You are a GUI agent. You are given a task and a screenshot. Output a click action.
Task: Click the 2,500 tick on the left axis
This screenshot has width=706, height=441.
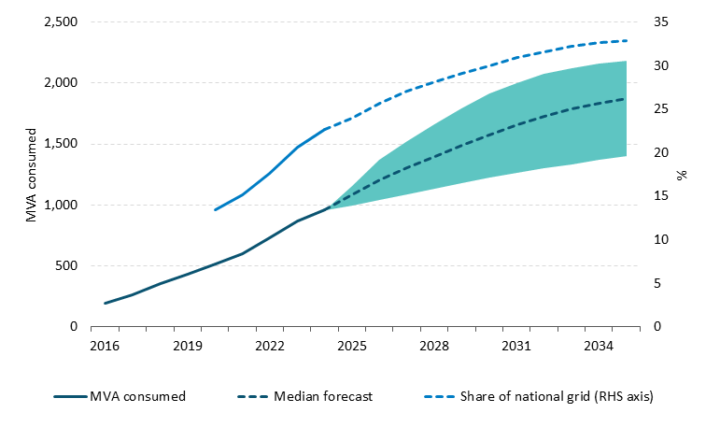coord(61,21)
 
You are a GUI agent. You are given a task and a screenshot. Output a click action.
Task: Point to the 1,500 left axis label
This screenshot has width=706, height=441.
coord(61,144)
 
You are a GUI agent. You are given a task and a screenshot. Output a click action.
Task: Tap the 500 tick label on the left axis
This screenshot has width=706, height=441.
coord(67,265)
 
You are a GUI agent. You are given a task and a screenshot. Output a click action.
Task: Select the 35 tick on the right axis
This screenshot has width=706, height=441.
coord(661,21)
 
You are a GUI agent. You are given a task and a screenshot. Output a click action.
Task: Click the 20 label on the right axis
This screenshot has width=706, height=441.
coord(661,152)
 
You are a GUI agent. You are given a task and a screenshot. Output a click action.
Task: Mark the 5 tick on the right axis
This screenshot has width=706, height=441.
coord(657,283)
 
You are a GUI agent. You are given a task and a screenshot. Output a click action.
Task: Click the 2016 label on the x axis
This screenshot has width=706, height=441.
coord(105,346)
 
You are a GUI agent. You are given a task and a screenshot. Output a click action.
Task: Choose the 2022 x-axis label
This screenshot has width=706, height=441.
coord(270,346)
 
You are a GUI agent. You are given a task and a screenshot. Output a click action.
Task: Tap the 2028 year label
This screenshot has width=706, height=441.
coord(434,346)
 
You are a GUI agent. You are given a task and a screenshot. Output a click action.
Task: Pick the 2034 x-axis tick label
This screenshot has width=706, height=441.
coord(599,346)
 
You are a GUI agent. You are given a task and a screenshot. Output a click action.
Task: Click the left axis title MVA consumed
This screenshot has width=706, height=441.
coord(31,175)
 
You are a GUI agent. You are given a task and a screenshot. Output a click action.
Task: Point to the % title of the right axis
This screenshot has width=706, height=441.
coord(682,175)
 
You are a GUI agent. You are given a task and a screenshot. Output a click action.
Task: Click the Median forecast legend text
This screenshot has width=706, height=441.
coord(323,396)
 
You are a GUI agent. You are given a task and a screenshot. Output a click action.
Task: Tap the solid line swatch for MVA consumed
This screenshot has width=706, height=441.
coord(70,396)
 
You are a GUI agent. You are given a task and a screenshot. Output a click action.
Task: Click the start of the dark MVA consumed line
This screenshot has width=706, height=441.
coord(105,303)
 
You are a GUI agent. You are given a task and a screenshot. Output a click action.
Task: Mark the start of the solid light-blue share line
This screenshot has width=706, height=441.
coord(215,209)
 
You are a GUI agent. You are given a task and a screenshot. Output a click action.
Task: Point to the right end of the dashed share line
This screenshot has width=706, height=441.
coord(626,40)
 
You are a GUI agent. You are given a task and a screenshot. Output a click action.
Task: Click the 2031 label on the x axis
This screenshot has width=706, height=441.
coord(516,346)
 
